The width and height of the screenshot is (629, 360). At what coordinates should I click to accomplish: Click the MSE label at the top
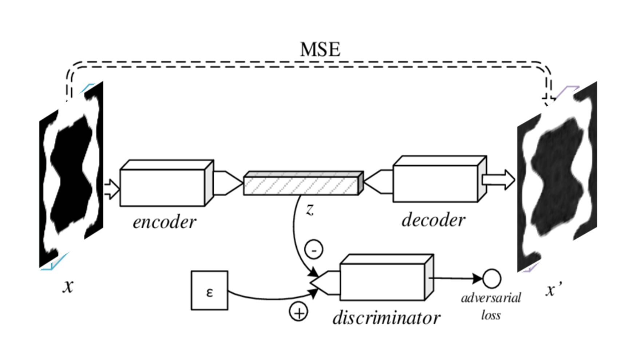320,50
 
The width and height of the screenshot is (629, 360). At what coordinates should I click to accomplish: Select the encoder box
162,187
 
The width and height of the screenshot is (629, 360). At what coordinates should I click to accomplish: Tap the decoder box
435,183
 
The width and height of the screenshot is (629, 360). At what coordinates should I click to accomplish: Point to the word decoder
433,220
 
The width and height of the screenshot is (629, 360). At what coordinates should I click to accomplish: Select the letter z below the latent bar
309,210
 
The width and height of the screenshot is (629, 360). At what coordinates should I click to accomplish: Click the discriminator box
382,282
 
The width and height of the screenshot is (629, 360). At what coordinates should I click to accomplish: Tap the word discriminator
386,318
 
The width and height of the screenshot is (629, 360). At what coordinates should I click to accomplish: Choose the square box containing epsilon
209,290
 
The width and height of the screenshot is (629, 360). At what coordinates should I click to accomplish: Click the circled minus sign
314,250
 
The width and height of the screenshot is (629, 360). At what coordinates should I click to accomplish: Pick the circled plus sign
298,312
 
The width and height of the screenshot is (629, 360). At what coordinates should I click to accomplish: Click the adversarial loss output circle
491,279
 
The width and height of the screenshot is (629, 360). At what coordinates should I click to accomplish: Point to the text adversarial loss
491,306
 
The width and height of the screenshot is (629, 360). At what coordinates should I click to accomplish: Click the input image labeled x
71,175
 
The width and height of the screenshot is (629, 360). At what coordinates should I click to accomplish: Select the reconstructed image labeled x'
557,177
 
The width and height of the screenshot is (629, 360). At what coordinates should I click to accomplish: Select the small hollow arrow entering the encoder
111,189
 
